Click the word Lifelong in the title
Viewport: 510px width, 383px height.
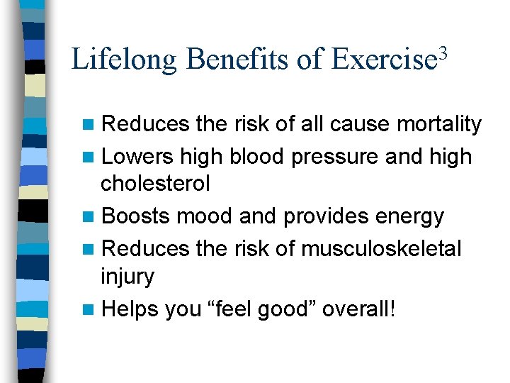pos(124,60)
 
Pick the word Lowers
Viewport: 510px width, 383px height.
pos(138,156)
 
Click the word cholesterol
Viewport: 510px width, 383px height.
pos(155,184)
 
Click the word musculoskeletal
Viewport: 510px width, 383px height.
pos(381,248)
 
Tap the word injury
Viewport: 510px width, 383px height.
pos(127,277)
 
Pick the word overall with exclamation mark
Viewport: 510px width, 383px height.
pos(366,309)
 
